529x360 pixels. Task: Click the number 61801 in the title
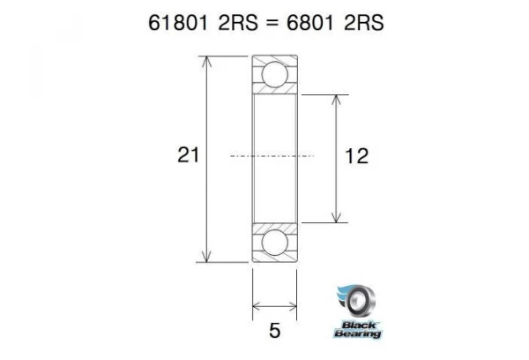pos(180,23)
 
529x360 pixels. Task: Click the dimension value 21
pos(187,156)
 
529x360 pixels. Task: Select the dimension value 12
pos(356,156)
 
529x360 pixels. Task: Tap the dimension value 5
pos(274,331)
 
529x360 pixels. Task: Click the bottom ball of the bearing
pos(274,243)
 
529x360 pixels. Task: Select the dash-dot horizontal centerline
pos(274,156)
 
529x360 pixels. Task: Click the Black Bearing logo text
pos(357,329)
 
